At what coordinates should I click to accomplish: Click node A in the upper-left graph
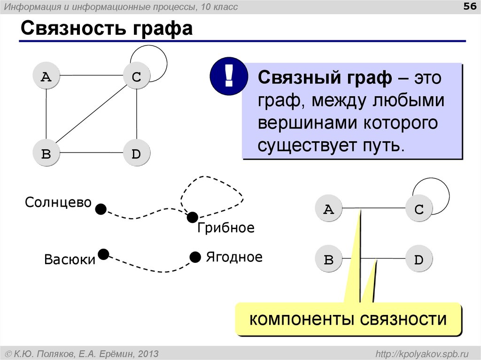[46, 77]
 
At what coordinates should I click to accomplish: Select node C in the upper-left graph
[136, 77]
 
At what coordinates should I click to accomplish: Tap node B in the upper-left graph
[46, 153]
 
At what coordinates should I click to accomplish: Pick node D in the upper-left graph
[136, 153]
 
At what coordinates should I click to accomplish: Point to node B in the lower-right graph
[329, 259]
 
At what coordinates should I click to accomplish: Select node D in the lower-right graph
[419, 259]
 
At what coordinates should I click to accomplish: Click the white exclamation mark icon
[229, 76]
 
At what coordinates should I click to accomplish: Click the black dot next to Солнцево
[101, 208]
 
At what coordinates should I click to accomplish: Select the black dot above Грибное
[192, 217]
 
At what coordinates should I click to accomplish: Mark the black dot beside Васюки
[103, 254]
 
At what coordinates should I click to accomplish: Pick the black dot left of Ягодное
[195, 257]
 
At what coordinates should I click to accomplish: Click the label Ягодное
[234, 257]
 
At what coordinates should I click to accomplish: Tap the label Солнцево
[58, 203]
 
